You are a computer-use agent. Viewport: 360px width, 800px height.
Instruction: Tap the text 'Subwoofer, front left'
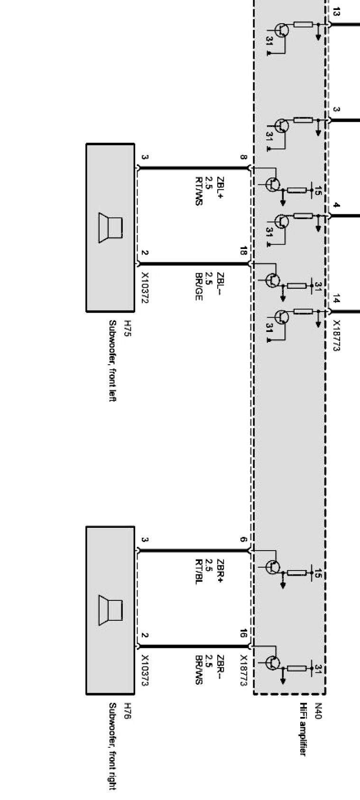point(112,361)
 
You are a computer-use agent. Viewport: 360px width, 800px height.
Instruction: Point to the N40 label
point(318,710)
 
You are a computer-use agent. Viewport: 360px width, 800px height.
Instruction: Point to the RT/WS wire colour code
point(199,191)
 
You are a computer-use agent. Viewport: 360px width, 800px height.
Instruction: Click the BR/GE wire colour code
point(199,287)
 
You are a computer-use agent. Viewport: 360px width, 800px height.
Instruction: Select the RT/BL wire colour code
point(199,573)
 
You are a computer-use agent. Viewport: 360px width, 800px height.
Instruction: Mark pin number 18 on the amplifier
point(243,251)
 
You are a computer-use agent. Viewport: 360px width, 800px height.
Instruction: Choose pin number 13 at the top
point(336,13)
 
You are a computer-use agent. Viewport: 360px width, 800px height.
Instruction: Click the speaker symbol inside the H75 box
point(110,228)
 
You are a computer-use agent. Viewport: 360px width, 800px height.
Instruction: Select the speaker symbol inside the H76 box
point(110,611)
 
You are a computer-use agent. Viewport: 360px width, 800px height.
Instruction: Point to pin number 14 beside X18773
point(336,299)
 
